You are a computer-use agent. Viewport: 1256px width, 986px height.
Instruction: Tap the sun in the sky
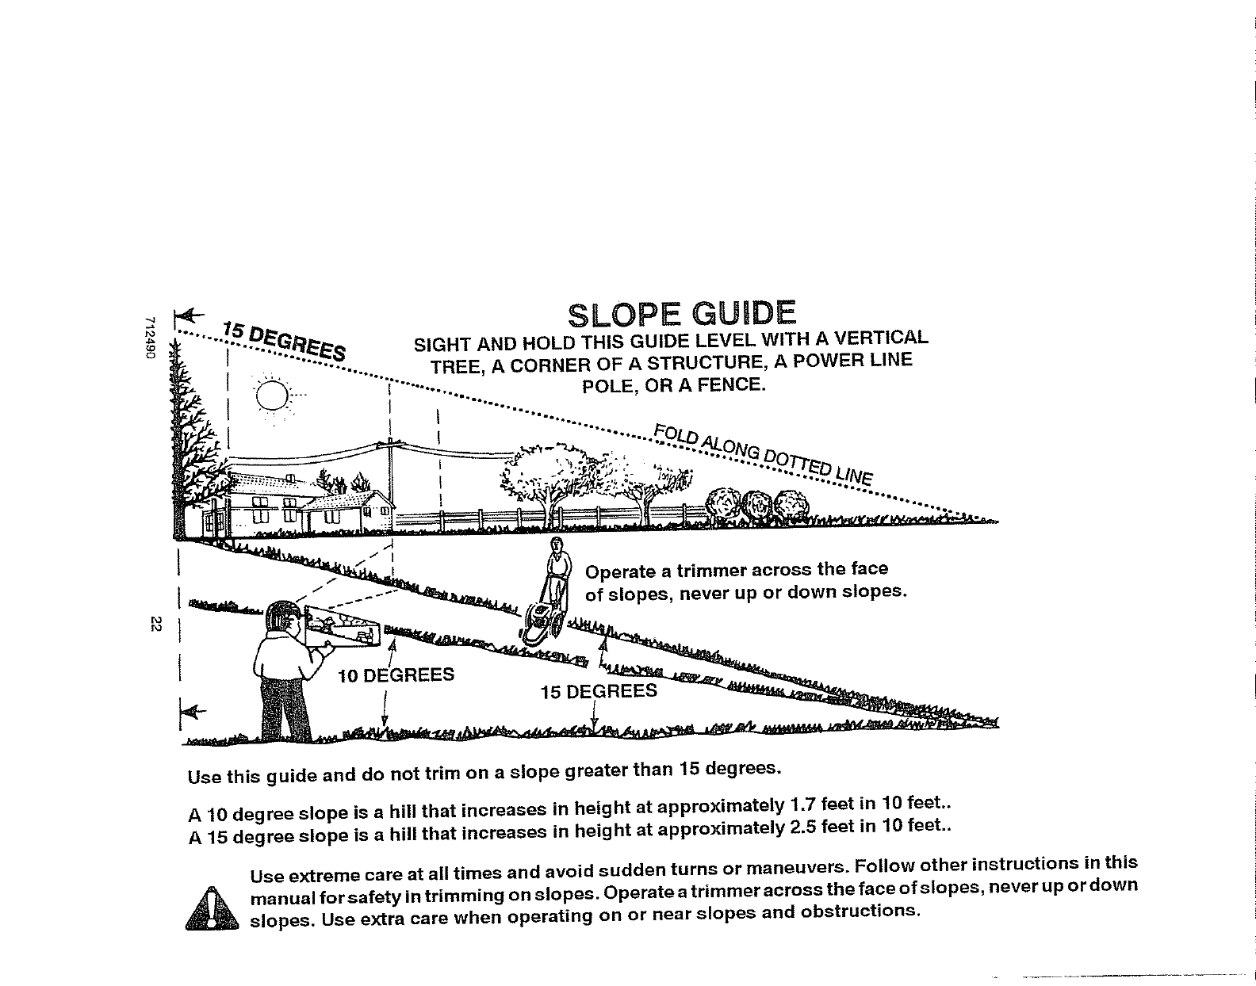coord(271,394)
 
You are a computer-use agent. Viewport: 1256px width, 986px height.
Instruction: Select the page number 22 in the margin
coord(156,625)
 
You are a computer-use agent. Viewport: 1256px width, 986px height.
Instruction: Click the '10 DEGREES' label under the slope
coord(396,675)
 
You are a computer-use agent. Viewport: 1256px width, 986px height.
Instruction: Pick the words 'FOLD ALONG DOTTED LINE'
coord(763,455)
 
